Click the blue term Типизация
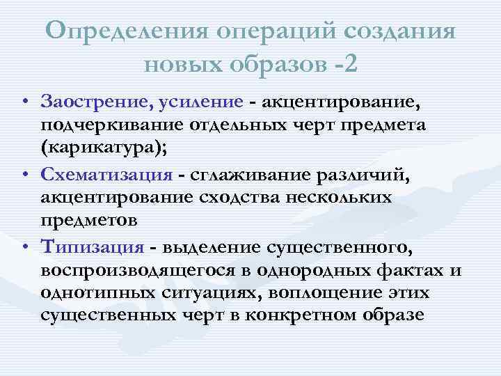point(93,246)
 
